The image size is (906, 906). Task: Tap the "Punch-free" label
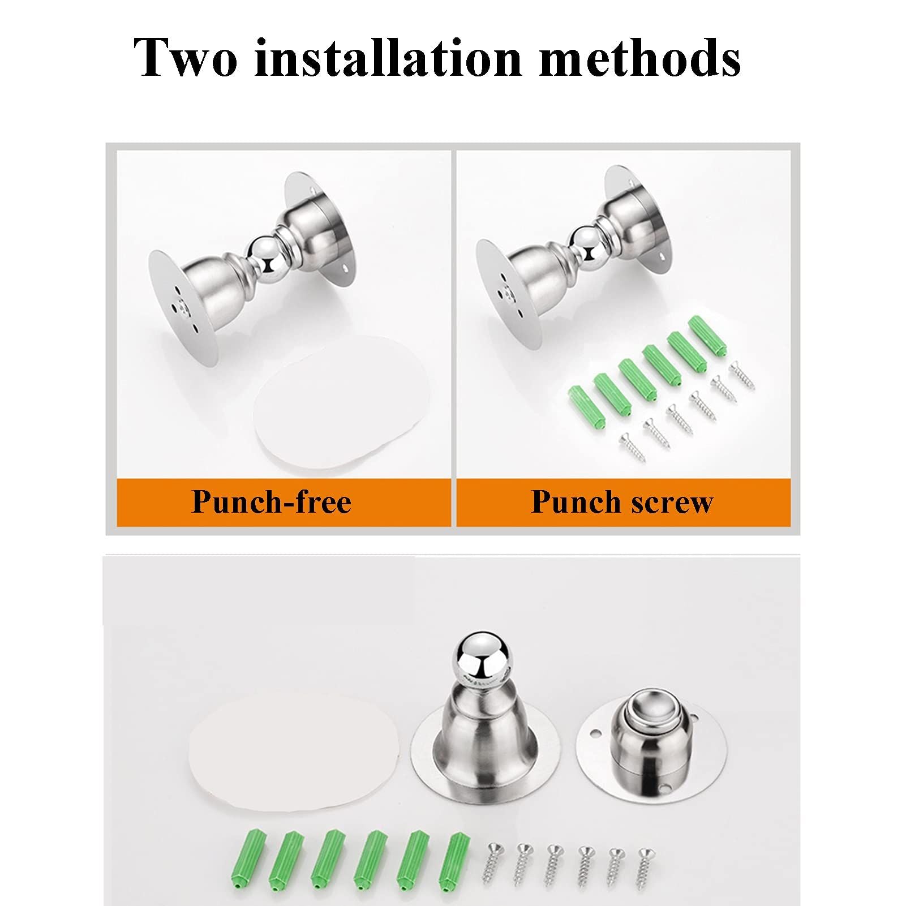(272, 501)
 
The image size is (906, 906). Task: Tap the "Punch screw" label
(622, 501)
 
